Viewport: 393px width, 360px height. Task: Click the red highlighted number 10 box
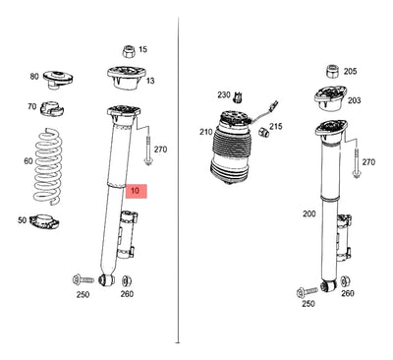[x=137, y=191]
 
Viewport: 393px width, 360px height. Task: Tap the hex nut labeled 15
[x=129, y=51]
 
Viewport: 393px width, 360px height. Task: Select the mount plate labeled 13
[x=126, y=78]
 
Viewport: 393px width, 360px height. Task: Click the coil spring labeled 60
[x=48, y=165]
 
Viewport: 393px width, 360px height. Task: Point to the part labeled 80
[x=58, y=79]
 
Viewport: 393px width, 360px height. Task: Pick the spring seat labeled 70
[x=52, y=108]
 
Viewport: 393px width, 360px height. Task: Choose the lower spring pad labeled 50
[x=44, y=221]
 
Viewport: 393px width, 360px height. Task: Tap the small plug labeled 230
[x=239, y=97]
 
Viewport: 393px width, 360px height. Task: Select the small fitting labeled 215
[x=263, y=132]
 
